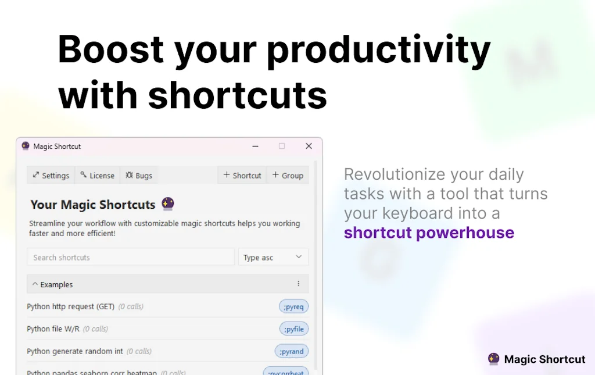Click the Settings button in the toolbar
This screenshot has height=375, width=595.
(51, 176)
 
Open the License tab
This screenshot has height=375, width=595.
(97, 176)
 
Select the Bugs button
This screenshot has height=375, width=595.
(139, 176)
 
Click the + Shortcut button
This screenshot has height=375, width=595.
(242, 176)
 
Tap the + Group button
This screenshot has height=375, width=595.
(288, 176)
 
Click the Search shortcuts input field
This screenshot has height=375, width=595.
(131, 258)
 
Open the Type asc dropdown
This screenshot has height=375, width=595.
(273, 258)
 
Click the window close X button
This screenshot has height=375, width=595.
(309, 147)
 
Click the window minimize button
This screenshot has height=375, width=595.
(255, 147)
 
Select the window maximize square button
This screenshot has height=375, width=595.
(282, 147)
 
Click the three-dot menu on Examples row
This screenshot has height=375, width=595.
(299, 284)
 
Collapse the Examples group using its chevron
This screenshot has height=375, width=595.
(35, 284)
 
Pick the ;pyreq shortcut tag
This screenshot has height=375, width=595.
(293, 306)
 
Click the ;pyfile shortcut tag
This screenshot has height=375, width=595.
(294, 329)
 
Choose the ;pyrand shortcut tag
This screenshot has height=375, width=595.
(292, 351)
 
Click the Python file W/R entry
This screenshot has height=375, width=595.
(53, 329)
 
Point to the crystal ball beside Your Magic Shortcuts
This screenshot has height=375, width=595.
(168, 204)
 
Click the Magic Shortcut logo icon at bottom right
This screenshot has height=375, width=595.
(494, 359)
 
